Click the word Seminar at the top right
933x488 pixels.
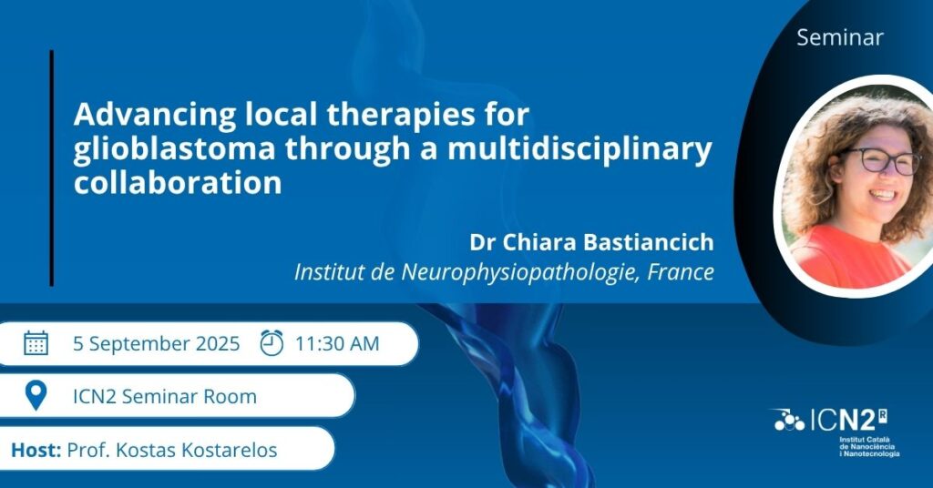coord(839,37)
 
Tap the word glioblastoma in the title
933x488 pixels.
coord(174,149)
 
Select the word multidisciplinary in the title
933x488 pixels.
coord(579,149)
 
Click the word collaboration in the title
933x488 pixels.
coord(178,183)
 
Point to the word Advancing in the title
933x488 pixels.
coord(155,116)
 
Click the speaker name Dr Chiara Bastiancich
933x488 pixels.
coord(591,242)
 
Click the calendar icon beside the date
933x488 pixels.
coord(36,343)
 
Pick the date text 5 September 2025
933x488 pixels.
coord(156,344)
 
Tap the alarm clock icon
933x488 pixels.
coord(272,343)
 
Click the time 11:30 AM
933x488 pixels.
coord(337,343)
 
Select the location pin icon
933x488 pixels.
coord(36,396)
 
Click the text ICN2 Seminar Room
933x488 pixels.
coord(165,396)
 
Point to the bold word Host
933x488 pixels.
coord(36,450)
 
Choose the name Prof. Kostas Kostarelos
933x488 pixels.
coord(172,450)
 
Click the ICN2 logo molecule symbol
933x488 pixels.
coord(788,421)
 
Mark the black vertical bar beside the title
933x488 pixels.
coord(52,168)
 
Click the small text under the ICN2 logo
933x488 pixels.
coord(868,447)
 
